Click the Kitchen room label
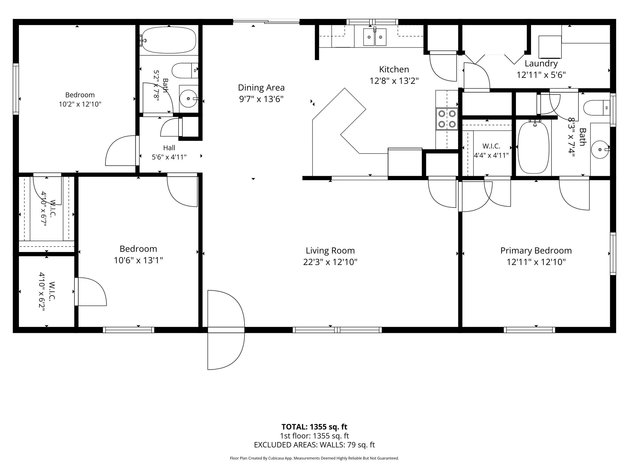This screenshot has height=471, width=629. pyautogui.click(x=394, y=69)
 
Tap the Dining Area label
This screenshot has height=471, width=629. pyautogui.click(x=261, y=88)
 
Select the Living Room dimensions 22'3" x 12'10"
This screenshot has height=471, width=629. pyautogui.click(x=330, y=262)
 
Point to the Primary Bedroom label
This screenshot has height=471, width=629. pyautogui.click(x=536, y=250)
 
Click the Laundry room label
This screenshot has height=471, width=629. pyautogui.click(x=541, y=64)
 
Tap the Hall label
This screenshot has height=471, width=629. pyautogui.click(x=169, y=148)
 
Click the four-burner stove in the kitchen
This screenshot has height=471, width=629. pyautogui.click(x=447, y=119)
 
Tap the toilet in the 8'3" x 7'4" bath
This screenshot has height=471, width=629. pyautogui.click(x=597, y=108)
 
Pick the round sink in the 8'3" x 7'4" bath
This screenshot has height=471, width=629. pyautogui.click(x=600, y=149)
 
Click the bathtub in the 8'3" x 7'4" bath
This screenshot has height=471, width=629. pyautogui.click(x=534, y=147)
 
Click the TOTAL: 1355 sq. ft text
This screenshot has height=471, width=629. pyautogui.click(x=314, y=426)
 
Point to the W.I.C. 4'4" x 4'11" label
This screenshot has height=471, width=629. pyautogui.click(x=491, y=151)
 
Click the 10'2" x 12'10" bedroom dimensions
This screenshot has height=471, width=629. pyautogui.click(x=80, y=104)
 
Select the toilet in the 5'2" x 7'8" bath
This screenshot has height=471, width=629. pyautogui.click(x=185, y=71)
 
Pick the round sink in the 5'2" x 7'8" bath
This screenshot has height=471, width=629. pyautogui.click(x=188, y=99)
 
